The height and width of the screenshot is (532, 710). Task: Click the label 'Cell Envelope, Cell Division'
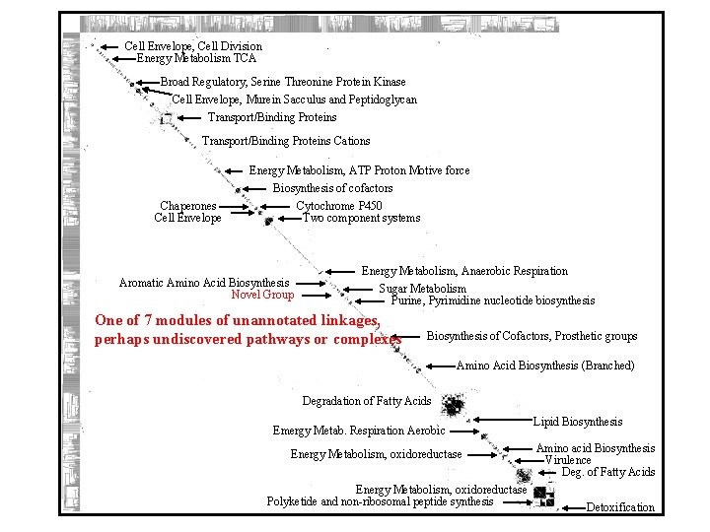click(193, 46)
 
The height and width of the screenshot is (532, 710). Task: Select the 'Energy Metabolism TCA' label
click(196, 58)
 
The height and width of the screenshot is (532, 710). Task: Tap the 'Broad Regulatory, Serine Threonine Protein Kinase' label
click(283, 82)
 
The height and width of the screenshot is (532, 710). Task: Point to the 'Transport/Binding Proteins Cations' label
click(286, 141)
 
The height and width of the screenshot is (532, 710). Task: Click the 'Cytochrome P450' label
click(339, 206)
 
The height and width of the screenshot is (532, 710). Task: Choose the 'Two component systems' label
click(361, 218)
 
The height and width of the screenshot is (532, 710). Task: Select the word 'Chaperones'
click(188, 206)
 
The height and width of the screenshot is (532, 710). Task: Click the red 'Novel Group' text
click(262, 294)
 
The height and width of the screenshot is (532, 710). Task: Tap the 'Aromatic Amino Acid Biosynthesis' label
click(204, 283)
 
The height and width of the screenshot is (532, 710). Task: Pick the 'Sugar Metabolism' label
click(423, 289)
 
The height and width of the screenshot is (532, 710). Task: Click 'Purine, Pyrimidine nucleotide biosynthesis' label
click(493, 300)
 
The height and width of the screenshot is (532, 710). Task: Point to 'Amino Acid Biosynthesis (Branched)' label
click(545, 366)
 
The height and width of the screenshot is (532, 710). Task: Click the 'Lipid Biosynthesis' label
click(578, 422)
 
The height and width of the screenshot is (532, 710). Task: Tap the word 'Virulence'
click(568, 460)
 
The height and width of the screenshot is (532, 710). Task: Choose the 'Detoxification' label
click(620, 507)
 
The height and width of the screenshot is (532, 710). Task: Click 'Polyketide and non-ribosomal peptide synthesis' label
click(380, 501)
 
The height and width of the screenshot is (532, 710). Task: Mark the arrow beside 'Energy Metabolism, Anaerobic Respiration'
click(340, 271)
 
